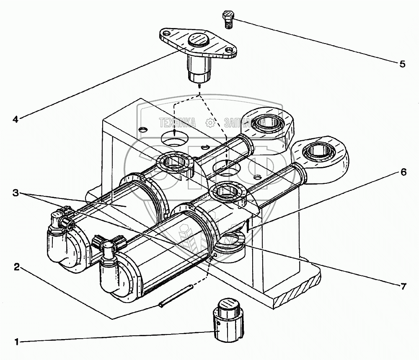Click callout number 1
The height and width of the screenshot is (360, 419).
[x=17, y=342]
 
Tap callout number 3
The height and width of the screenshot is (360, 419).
[x=15, y=193]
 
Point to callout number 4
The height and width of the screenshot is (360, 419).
[x=15, y=119]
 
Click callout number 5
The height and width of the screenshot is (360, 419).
[x=402, y=64]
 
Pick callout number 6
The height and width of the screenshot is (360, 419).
[x=403, y=172]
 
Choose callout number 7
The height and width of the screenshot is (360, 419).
[x=403, y=286]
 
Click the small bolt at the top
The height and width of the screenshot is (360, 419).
[x=228, y=19]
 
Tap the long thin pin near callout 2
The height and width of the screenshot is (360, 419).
[x=176, y=296]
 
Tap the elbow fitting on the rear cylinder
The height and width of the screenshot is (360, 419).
[x=59, y=222]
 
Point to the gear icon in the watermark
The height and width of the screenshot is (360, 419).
[x=210, y=123]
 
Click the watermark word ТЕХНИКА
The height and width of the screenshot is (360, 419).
[x=177, y=123]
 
